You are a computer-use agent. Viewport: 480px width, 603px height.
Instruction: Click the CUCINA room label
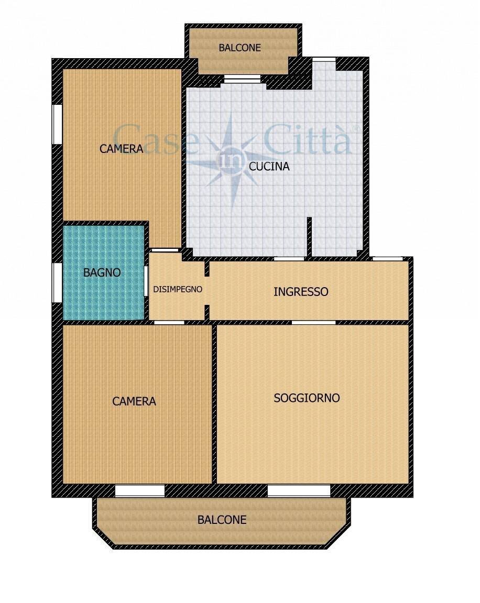click(x=269, y=167)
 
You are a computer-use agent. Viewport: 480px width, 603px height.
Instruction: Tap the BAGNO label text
click(x=102, y=272)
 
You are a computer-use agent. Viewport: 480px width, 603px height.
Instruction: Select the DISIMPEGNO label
click(x=178, y=289)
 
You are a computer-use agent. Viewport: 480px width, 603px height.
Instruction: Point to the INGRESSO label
click(x=301, y=291)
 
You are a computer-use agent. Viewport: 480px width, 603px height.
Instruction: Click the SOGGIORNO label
click(x=307, y=398)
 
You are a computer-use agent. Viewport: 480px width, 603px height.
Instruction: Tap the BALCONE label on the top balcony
click(x=239, y=47)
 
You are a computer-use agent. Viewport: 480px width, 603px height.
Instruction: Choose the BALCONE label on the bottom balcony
click(x=222, y=520)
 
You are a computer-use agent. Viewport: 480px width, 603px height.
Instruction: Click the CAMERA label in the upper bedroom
click(x=121, y=149)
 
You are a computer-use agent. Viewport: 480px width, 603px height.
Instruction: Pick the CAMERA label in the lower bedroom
click(x=134, y=401)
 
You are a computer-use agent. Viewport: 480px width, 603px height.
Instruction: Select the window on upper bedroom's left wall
click(x=57, y=124)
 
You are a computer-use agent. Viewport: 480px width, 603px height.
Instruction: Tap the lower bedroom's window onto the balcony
click(x=140, y=491)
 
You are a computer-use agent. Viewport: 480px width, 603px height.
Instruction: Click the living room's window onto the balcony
click(x=299, y=491)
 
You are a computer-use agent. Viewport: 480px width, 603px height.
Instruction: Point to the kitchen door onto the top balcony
click(x=242, y=79)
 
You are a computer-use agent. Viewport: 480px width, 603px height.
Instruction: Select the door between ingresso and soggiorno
click(x=313, y=322)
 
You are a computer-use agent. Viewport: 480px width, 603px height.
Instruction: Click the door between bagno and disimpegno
click(x=146, y=281)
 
